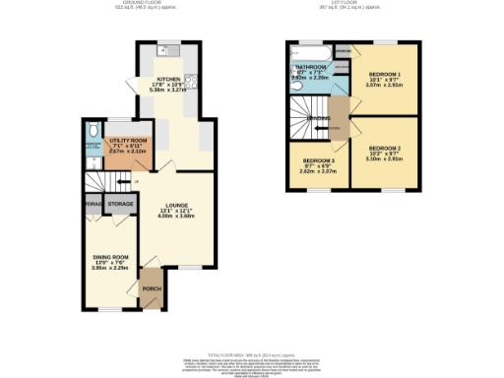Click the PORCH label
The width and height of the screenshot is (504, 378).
153,289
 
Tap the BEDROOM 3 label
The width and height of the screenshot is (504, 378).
318,160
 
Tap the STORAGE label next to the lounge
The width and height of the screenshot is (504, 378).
121,204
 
